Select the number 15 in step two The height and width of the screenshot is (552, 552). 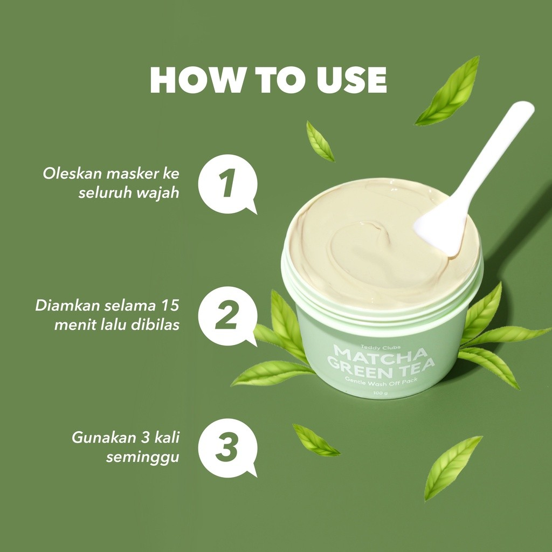[169, 306]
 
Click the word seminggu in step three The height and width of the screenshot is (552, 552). [143, 457]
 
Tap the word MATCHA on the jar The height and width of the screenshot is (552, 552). [381, 354]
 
